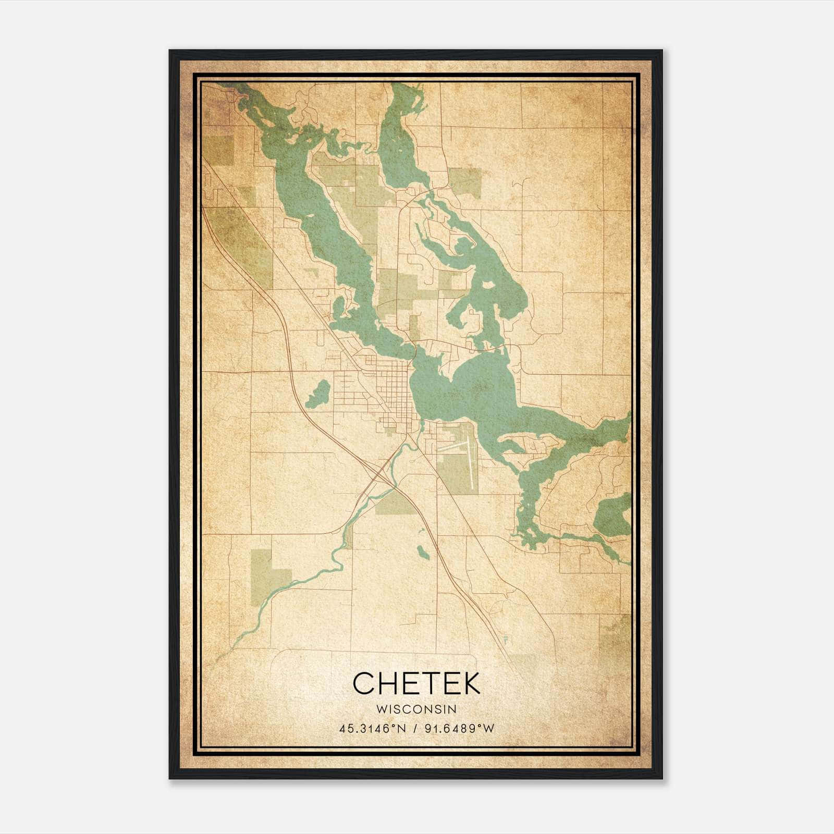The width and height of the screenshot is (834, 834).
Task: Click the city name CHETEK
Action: pyautogui.click(x=416, y=683)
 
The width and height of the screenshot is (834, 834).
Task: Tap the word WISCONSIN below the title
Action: pyautogui.click(x=416, y=709)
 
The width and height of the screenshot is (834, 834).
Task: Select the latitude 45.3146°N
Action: pyautogui.click(x=372, y=729)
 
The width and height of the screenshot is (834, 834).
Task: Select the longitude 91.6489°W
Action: pyautogui.click(x=458, y=729)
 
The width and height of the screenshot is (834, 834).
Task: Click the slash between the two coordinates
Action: pyautogui.click(x=415, y=729)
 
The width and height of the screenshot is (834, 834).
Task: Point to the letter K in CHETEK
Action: pyautogui.click(x=470, y=683)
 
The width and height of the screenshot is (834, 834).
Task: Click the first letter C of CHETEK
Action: pyautogui.click(x=363, y=683)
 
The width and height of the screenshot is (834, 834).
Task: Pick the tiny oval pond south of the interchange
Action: pyautogui.click(x=423, y=553)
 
